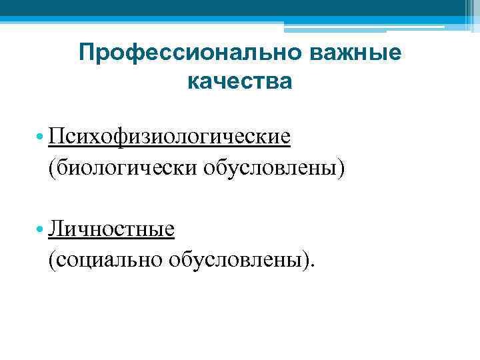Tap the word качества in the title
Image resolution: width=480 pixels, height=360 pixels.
pos(240,82)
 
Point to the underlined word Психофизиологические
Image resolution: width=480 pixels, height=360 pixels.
pos(169,137)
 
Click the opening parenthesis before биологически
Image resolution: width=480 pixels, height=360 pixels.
pos(51,168)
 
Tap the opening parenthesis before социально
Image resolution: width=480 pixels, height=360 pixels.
pos(51,261)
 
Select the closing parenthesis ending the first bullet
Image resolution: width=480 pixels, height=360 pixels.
pos(343,168)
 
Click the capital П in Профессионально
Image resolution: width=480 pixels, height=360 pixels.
pos(85,53)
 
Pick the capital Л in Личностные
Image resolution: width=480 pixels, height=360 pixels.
pos(55,230)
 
